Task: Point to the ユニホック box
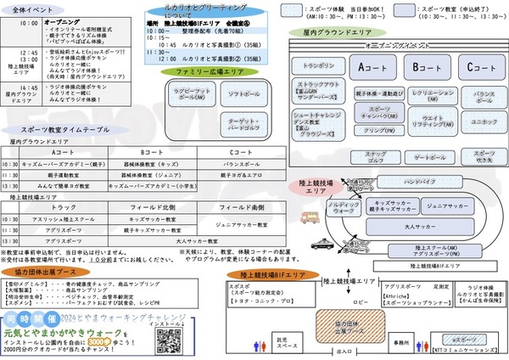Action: coord(478,122)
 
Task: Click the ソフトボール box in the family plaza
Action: coord(242,95)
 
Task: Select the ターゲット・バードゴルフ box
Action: coord(242,126)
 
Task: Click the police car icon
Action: coord(323,244)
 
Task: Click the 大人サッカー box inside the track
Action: coord(410,227)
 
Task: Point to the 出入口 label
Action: coord(344,350)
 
